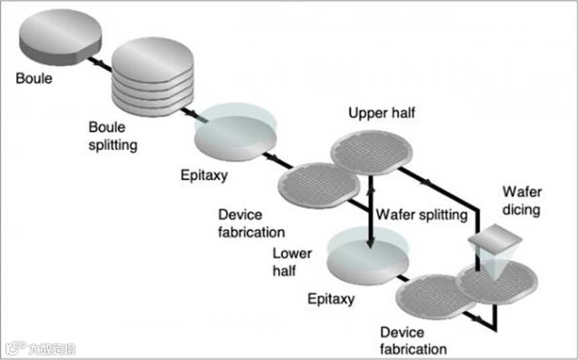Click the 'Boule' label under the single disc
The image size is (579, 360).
coord(34,80)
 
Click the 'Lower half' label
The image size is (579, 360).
coord(293,262)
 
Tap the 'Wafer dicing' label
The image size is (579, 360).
coord(521,201)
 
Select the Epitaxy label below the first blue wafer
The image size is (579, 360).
coord(203,177)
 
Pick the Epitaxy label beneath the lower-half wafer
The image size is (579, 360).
coord(331,298)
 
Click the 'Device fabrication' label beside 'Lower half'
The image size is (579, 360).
coord(251,223)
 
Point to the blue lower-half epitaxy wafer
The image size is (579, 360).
coord(366,258)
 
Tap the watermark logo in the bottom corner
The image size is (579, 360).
coord(40,348)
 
